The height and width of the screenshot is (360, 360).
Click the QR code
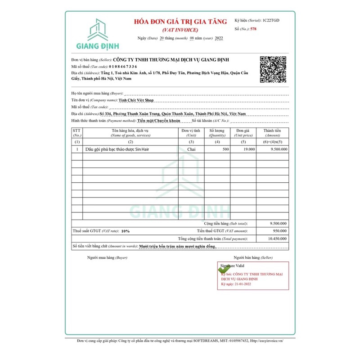click(273, 69)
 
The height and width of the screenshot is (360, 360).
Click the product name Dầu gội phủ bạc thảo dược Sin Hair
click(115, 148)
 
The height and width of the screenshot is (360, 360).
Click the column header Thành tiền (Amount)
click(272, 132)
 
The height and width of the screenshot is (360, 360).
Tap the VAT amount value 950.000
click(279, 230)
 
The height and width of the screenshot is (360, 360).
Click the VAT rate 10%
click(125, 231)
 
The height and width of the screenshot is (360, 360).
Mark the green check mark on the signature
click(222, 269)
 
